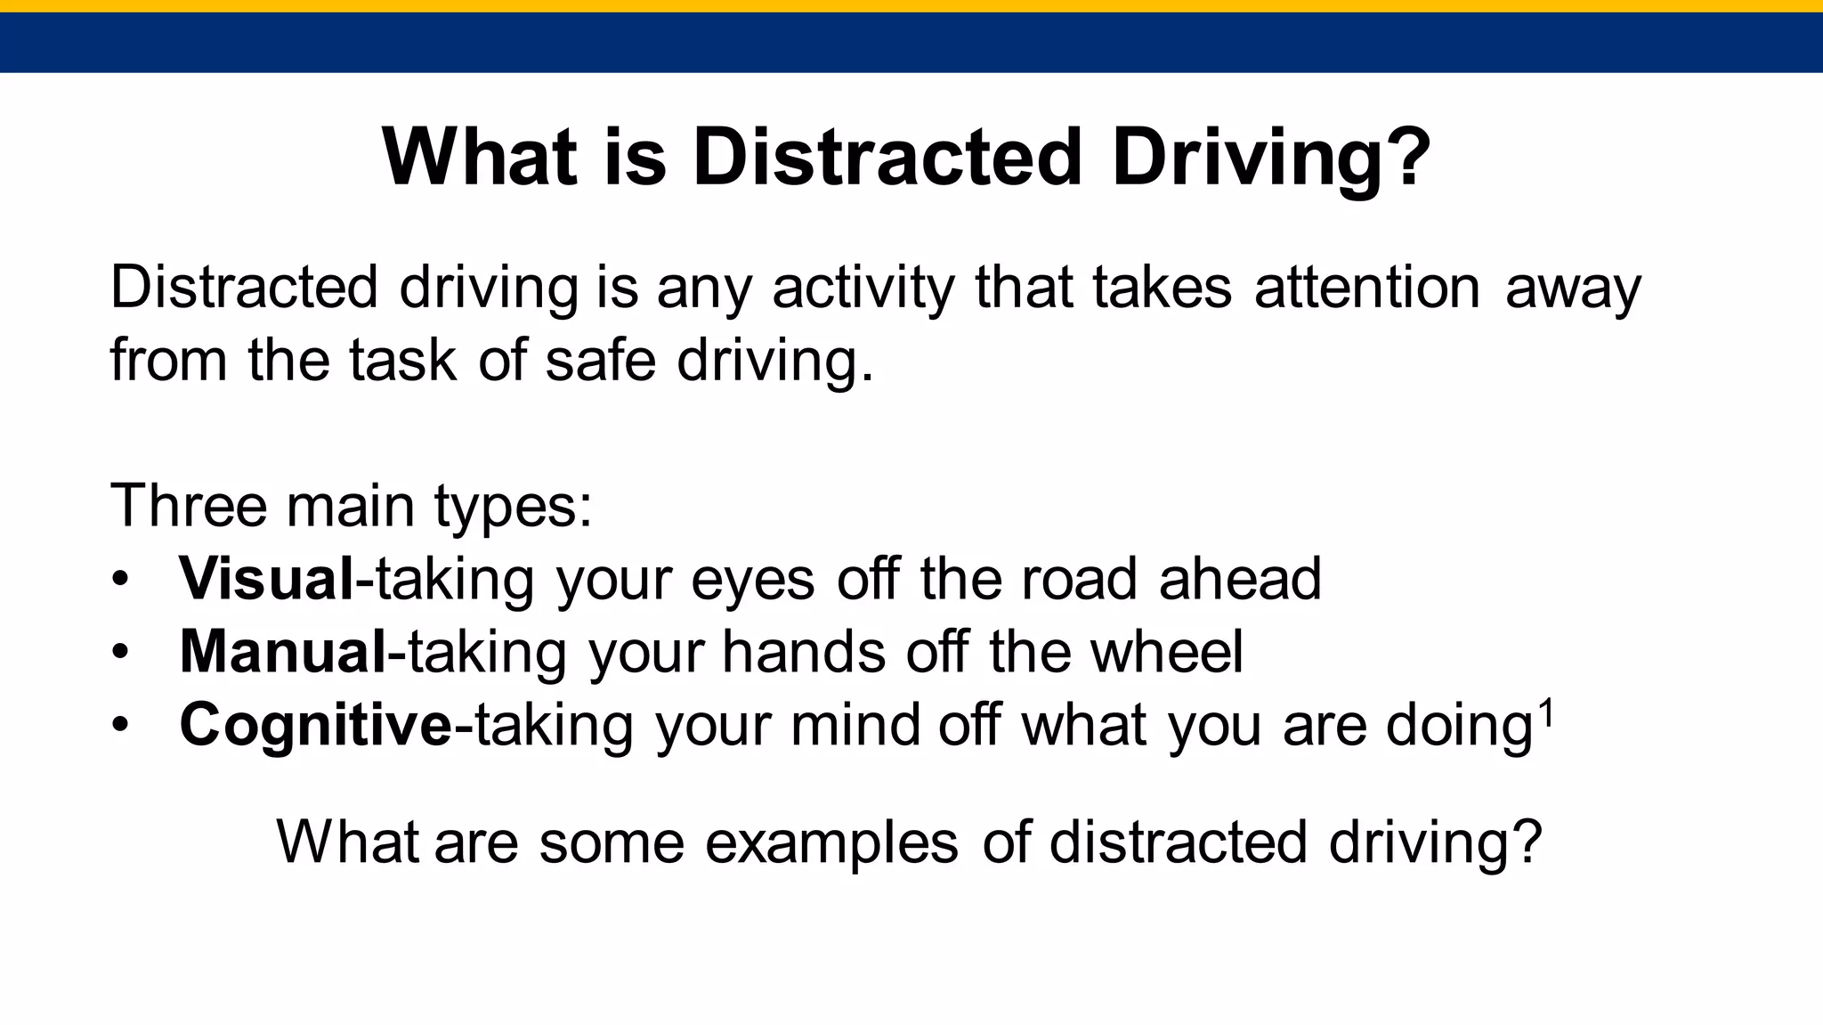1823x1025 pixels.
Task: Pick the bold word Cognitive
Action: pyautogui.click(x=316, y=725)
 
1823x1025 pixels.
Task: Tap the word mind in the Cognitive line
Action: pyautogui.click(x=855, y=725)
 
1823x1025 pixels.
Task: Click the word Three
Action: pyautogui.click(x=188, y=506)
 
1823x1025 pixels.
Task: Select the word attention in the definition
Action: pyautogui.click(x=1367, y=288)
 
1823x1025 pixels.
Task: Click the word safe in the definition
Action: pyautogui.click(x=599, y=361)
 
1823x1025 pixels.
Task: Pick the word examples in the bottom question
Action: pyautogui.click(x=831, y=842)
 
